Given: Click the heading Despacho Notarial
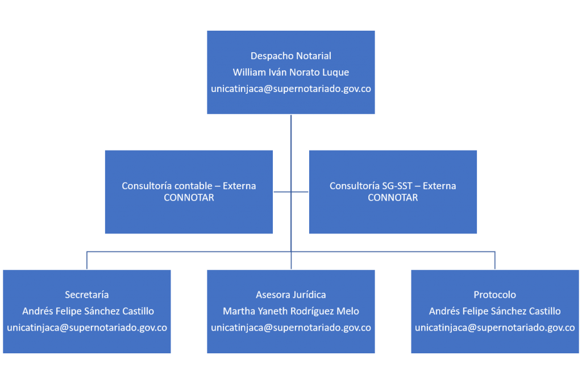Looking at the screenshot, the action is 290,56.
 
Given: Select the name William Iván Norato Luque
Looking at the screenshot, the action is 290,72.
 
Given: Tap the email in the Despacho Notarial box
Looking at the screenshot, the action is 290,89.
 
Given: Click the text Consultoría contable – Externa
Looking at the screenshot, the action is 189,186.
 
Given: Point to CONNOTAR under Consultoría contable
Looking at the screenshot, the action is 189,198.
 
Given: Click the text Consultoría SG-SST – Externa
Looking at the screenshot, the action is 393,186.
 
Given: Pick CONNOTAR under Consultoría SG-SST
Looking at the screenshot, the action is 393,198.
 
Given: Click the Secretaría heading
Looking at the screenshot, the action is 87,295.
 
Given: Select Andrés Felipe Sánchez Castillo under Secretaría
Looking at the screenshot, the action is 88,311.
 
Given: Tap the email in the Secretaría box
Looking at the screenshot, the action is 87,328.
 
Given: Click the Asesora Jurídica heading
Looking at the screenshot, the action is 290,295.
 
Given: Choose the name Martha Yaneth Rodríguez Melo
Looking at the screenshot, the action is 290,311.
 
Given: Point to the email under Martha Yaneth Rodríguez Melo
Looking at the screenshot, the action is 290,328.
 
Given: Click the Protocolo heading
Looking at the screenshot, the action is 495,295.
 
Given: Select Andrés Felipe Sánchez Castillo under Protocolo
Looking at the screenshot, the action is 495,311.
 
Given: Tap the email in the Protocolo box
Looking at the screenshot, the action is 495,328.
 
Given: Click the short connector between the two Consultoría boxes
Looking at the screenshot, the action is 291,192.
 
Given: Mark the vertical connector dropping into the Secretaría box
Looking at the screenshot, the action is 87,261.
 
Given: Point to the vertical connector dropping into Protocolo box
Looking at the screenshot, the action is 495,261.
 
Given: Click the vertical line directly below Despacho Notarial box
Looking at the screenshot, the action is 291,192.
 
